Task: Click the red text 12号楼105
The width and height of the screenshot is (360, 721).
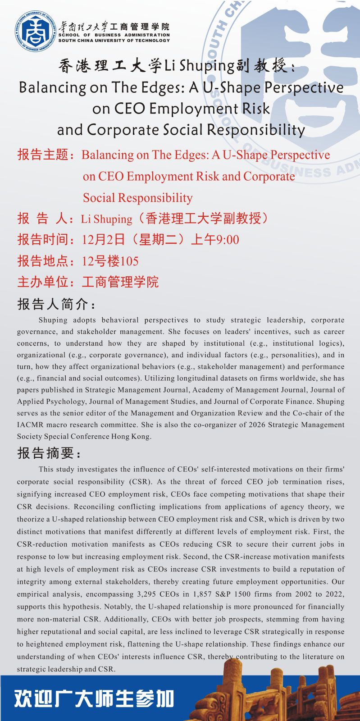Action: pos(110,261)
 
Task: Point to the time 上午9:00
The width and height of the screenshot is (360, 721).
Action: pos(215,240)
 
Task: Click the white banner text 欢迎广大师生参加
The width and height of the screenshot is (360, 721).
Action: pos(94,698)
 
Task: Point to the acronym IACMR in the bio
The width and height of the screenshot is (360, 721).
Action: pos(30,424)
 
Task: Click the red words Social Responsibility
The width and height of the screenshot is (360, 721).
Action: pos(137,198)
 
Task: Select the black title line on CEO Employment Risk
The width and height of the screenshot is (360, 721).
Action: pos(181,109)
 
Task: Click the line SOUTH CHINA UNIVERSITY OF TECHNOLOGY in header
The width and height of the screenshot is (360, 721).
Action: pos(114,41)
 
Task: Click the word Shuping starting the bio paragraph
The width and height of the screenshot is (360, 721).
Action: pos(53,320)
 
